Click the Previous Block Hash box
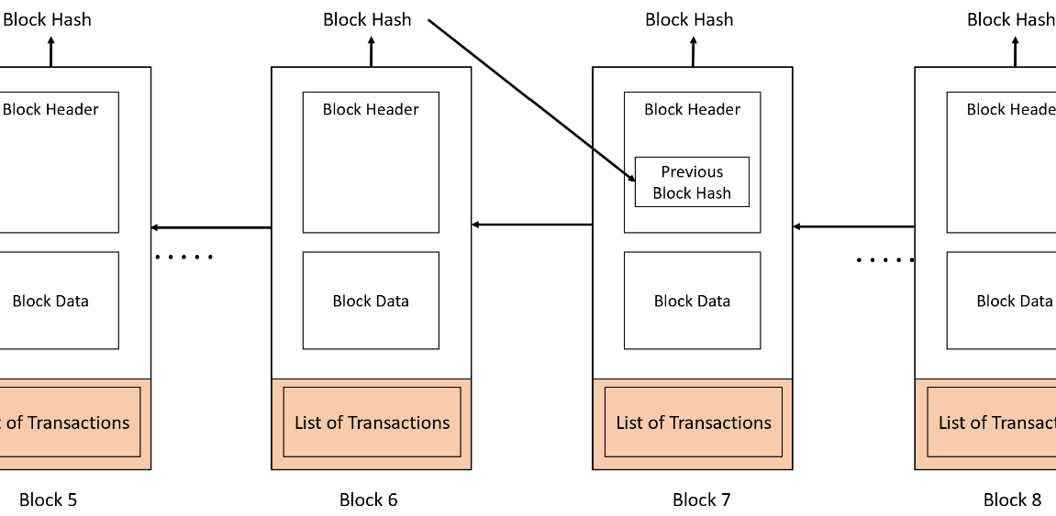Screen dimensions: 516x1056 [692, 181]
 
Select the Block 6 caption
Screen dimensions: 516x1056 [369, 500]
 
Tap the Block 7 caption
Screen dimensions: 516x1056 [702, 500]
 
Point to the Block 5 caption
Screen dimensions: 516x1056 [48, 500]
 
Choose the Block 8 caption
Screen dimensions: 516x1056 [1012, 500]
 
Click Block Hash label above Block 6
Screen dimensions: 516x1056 [367, 19]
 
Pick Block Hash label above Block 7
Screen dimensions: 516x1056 [689, 19]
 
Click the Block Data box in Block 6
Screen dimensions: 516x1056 [371, 301]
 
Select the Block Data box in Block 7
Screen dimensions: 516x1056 [692, 301]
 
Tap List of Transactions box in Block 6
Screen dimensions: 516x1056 [372, 422]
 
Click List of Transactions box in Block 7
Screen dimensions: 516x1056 [694, 422]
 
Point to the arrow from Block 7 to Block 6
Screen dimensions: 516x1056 [532, 225]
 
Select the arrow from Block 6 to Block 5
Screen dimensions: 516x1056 [211, 227]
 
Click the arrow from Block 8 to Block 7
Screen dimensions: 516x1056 [853, 225]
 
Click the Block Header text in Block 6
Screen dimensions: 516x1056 [371, 109]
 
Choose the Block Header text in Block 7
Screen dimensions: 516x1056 [692, 109]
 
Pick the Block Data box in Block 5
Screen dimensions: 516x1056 [55, 301]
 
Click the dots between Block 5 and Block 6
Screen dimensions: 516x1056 [184, 258]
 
